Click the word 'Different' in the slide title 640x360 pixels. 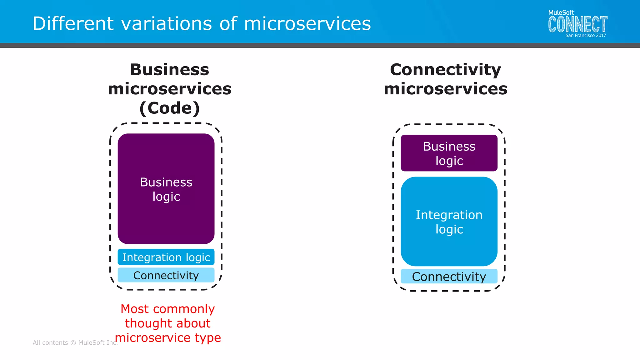[73, 24]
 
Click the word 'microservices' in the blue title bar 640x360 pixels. [307, 24]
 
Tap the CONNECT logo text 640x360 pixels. [577, 25]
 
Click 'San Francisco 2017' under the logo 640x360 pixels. [585, 36]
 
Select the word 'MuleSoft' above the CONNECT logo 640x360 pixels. [561, 12]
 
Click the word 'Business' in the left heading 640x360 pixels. [169, 70]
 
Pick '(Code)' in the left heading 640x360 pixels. [169, 108]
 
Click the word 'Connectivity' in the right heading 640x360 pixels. [445, 70]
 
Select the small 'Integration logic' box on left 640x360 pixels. [166, 257]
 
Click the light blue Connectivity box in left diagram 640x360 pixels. [166, 275]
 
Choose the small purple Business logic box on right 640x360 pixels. [449, 153]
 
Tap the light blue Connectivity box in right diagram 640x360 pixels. [449, 277]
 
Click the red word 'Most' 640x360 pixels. [134, 309]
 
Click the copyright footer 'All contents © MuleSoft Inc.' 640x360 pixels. [75, 343]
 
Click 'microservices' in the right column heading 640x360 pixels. [445, 89]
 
